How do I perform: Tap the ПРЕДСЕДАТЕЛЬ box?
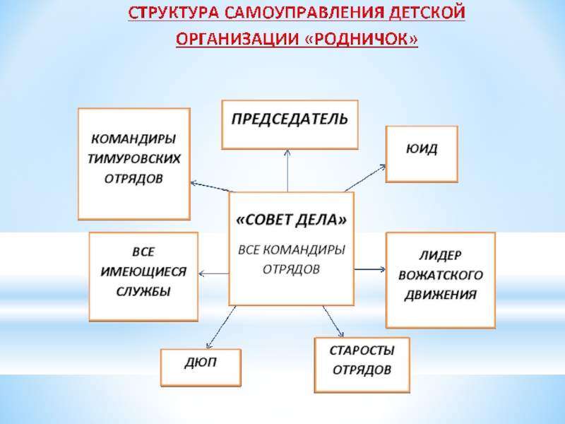290,124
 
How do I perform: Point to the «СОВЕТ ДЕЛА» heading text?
291,221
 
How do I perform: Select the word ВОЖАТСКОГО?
441,274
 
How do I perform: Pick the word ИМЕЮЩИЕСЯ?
143,272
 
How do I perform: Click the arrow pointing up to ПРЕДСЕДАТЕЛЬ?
288,170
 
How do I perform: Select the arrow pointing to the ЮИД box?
366,177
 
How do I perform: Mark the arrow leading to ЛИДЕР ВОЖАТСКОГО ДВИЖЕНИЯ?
369,269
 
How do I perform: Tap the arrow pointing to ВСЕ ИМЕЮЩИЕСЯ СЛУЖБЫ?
215,273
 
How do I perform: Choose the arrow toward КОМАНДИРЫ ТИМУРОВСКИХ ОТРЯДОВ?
212,187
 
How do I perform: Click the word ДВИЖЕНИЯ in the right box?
441,294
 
